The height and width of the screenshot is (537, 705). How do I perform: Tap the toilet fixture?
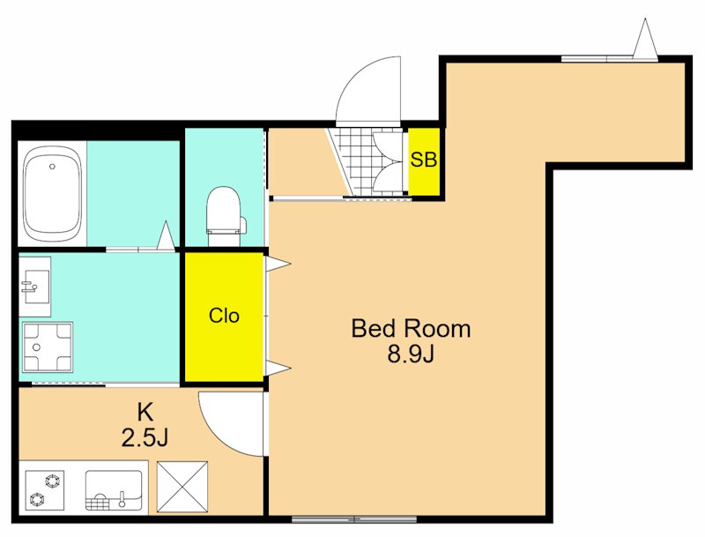pyautogui.click(x=224, y=212)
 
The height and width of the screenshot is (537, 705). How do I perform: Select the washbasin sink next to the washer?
pyautogui.click(x=34, y=286)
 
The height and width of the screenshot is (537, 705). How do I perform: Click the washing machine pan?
pyautogui.click(x=48, y=347)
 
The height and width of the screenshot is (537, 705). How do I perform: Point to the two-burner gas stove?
pyautogui.click(x=45, y=489)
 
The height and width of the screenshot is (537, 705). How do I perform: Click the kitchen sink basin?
pyautogui.click(x=114, y=490)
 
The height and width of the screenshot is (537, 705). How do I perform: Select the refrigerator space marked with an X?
pyautogui.click(x=182, y=487)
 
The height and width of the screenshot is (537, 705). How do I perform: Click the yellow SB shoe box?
pyautogui.click(x=424, y=162)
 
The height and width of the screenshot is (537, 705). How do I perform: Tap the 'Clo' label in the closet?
pyautogui.click(x=224, y=317)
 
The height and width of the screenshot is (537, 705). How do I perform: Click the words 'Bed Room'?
pyautogui.click(x=411, y=328)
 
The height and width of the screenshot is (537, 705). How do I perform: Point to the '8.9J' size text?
pyautogui.click(x=410, y=354)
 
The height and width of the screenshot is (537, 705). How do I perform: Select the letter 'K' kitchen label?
pyautogui.click(x=145, y=412)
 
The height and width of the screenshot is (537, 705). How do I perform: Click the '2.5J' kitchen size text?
pyautogui.click(x=145, y=437)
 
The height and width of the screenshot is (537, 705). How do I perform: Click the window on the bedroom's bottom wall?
pyautogui.click(x=354, y=519)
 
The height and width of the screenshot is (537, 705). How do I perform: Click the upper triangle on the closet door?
pyautogui.click(x=278, y=264)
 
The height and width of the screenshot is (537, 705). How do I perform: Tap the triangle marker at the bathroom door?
pyautogui.click(x=166, y=235)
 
